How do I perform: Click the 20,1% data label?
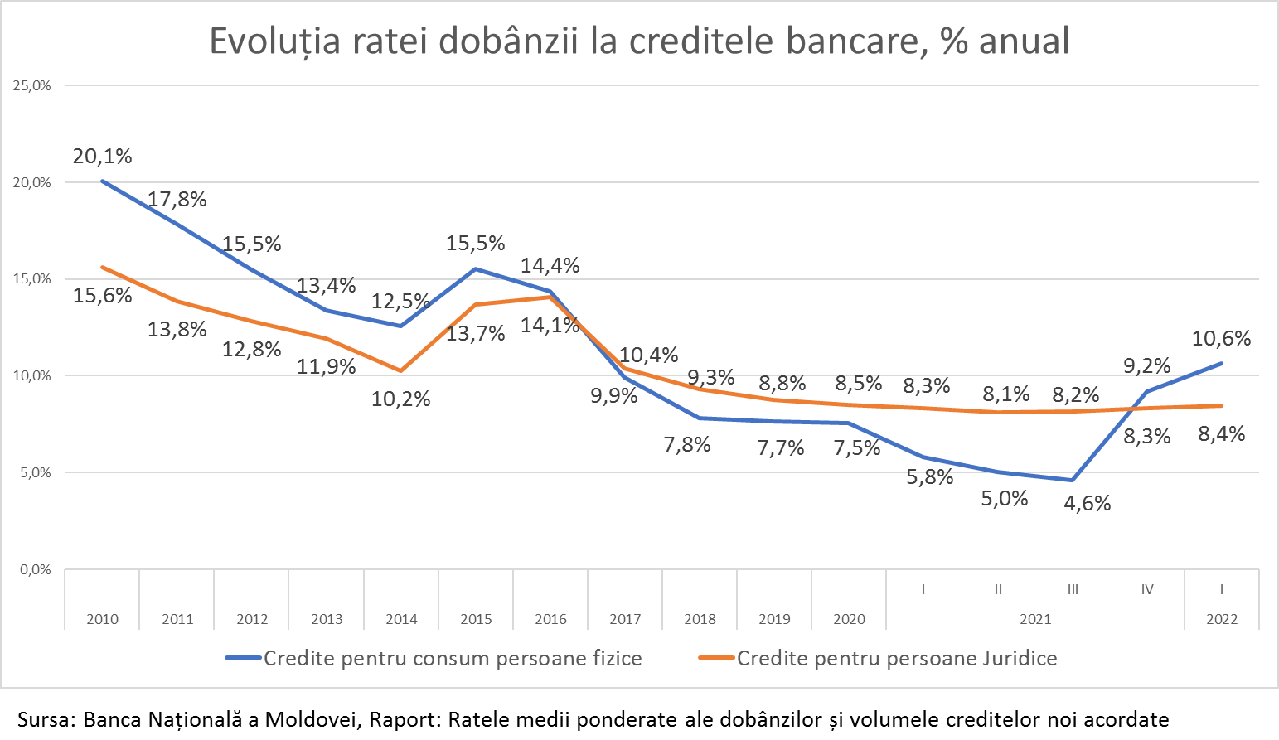(x=102, y=157)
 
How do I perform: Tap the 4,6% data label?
(x=1088, y=504)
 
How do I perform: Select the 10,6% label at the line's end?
(x=1221, y=339)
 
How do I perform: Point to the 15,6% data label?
(x=102, y=296)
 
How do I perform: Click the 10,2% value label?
(x=400, y=399)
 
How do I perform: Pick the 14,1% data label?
(x=550, y=326)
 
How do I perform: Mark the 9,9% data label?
(x=613, y=396)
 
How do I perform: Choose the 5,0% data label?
(x=1005, y=499)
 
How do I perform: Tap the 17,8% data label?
(x=177, y=200)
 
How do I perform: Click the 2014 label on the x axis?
(x=401, y=619)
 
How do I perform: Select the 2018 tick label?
(x=700, y=619)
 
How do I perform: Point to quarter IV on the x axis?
(x=1147, y=590)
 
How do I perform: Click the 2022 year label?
(x=1222, y=619)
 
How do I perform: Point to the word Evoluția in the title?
(x=274, y=41)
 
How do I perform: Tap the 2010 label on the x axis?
(x=102, y=619)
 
